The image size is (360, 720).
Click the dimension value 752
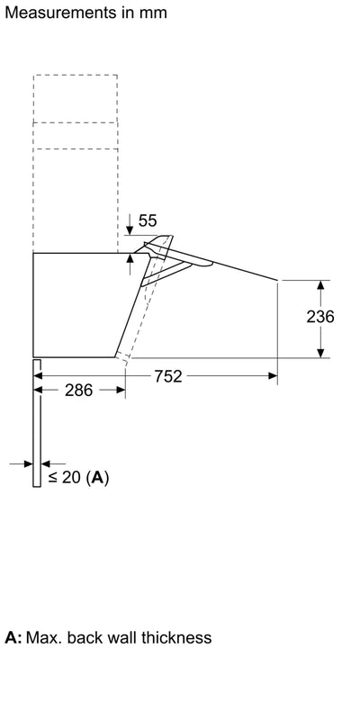tap(167, 377)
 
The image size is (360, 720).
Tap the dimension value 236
tap(320, 317)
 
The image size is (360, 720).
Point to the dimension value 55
tap(148, 220)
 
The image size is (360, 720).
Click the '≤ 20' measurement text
tap(64, 478)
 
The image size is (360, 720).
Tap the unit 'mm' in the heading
tap(150, 13)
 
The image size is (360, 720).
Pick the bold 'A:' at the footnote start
tap(13, 637)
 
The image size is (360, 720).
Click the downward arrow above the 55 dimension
tap(131, 221)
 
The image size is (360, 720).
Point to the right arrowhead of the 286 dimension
tap(121, 391)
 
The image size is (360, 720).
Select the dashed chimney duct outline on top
tap(76, 153)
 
